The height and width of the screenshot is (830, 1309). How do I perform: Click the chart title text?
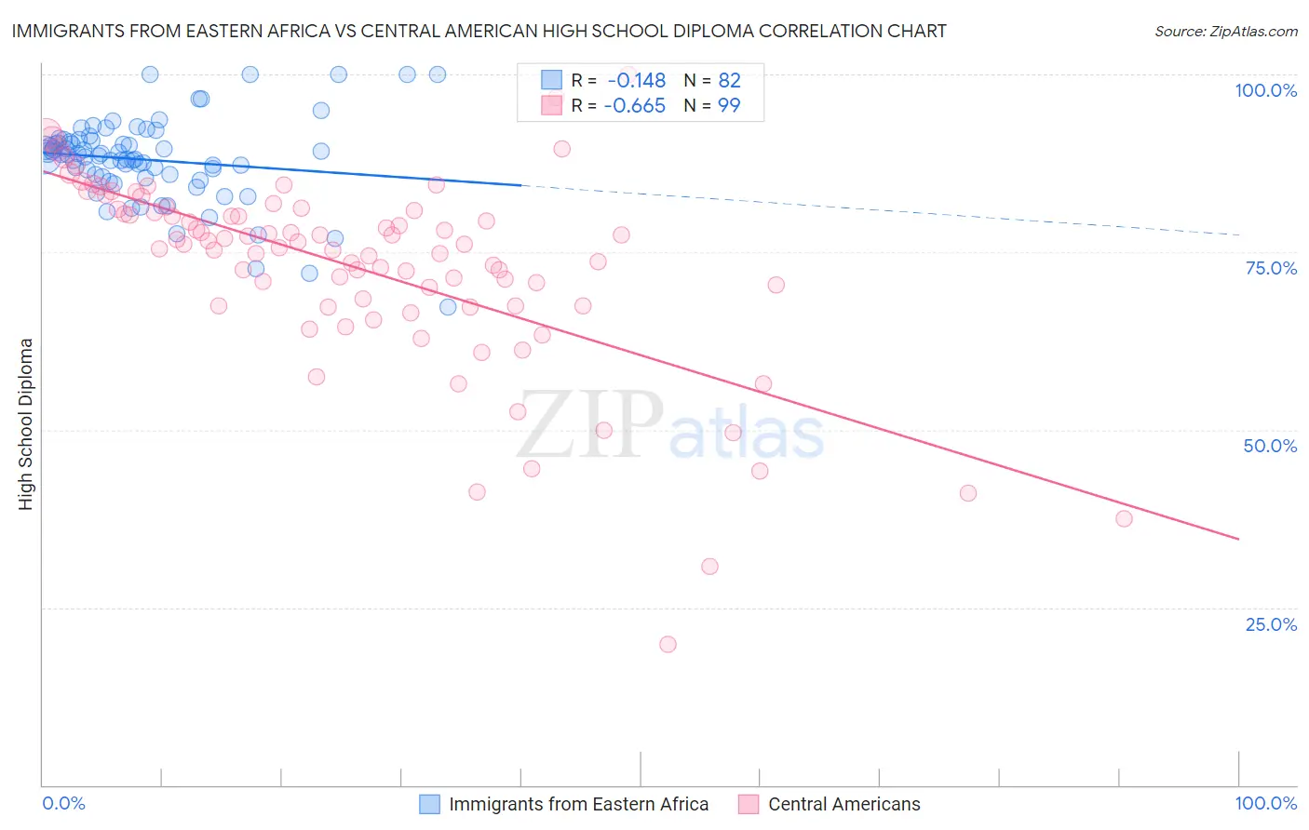point(479,31)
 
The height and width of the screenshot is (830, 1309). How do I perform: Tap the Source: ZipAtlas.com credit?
point(1225,31)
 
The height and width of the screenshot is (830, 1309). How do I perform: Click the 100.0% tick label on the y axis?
point(1265,90)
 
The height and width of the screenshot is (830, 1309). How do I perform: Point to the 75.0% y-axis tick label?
point(1271,268)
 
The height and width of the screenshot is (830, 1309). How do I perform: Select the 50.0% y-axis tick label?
point(1270,446)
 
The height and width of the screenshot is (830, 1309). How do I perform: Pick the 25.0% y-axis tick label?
point(1271,624)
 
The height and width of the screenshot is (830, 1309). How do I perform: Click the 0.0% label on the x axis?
point(63,803)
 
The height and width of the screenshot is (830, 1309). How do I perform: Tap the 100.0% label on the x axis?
point(1265,803)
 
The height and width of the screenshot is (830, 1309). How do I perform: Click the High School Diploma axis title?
point(26,423)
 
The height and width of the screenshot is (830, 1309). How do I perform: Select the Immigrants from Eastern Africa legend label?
point(578,804)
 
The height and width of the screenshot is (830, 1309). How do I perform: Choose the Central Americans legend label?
point(843,804)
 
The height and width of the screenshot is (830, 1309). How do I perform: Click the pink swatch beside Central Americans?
point(749,804)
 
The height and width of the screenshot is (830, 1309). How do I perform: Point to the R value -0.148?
point(636,81)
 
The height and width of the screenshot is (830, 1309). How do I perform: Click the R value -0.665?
point(634,106)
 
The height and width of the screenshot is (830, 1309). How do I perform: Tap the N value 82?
point(729,81)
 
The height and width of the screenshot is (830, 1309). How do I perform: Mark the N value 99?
point(729,106)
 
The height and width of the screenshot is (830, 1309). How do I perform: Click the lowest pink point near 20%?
point(668,644)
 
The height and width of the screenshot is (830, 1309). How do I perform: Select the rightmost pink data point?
point(1124,518)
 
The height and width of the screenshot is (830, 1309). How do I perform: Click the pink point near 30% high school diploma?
point(709,567)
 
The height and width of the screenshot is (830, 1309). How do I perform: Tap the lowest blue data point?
point(448,307)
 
